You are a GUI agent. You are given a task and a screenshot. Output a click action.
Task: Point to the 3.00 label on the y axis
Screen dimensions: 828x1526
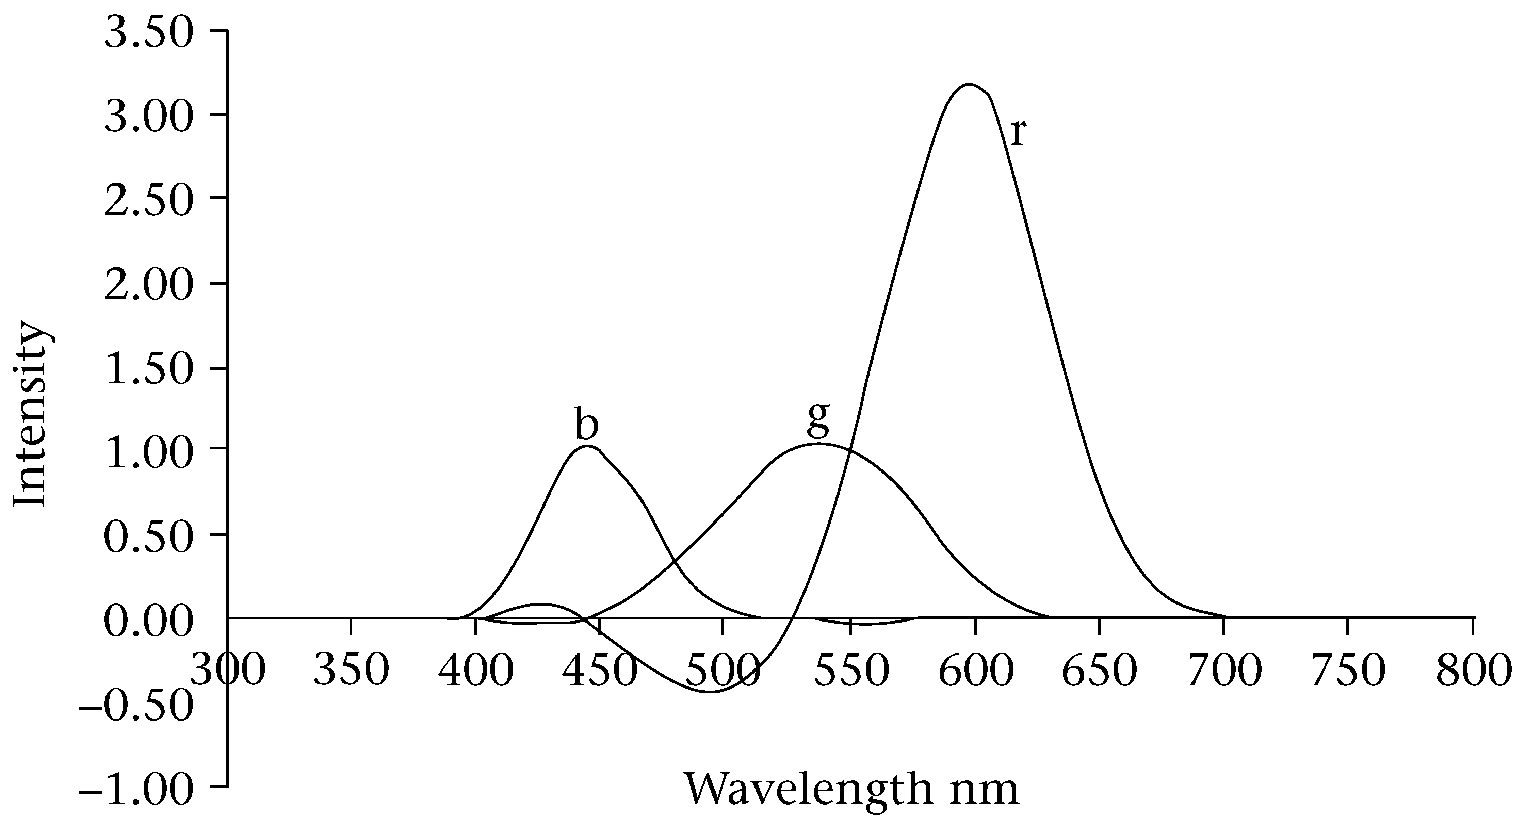[148, 117]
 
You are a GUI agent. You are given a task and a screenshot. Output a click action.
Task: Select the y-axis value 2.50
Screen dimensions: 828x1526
[148, 201]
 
